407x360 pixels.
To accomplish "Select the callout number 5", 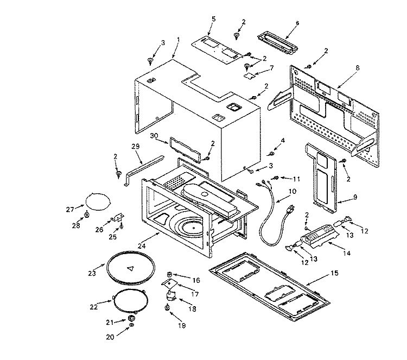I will click(213, 19).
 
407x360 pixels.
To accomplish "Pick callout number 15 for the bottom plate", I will click(333, 271).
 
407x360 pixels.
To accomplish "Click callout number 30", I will click(154, 136).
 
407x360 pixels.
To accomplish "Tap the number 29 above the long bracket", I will click(136, 146).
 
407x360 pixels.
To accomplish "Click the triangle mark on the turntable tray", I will click(130, 268).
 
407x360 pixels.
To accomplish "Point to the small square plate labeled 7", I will click(249, 77).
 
